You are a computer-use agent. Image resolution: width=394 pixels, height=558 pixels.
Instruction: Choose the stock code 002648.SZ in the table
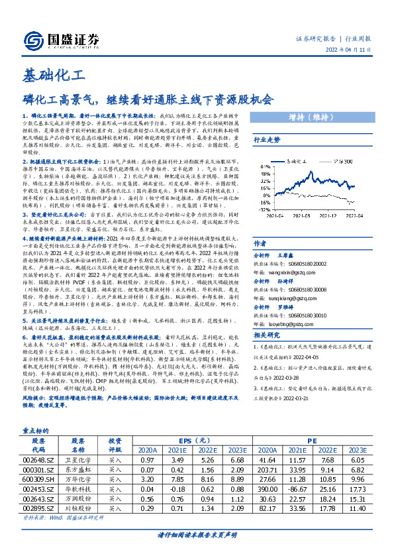pyautogui.click(x=38, y=459)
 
